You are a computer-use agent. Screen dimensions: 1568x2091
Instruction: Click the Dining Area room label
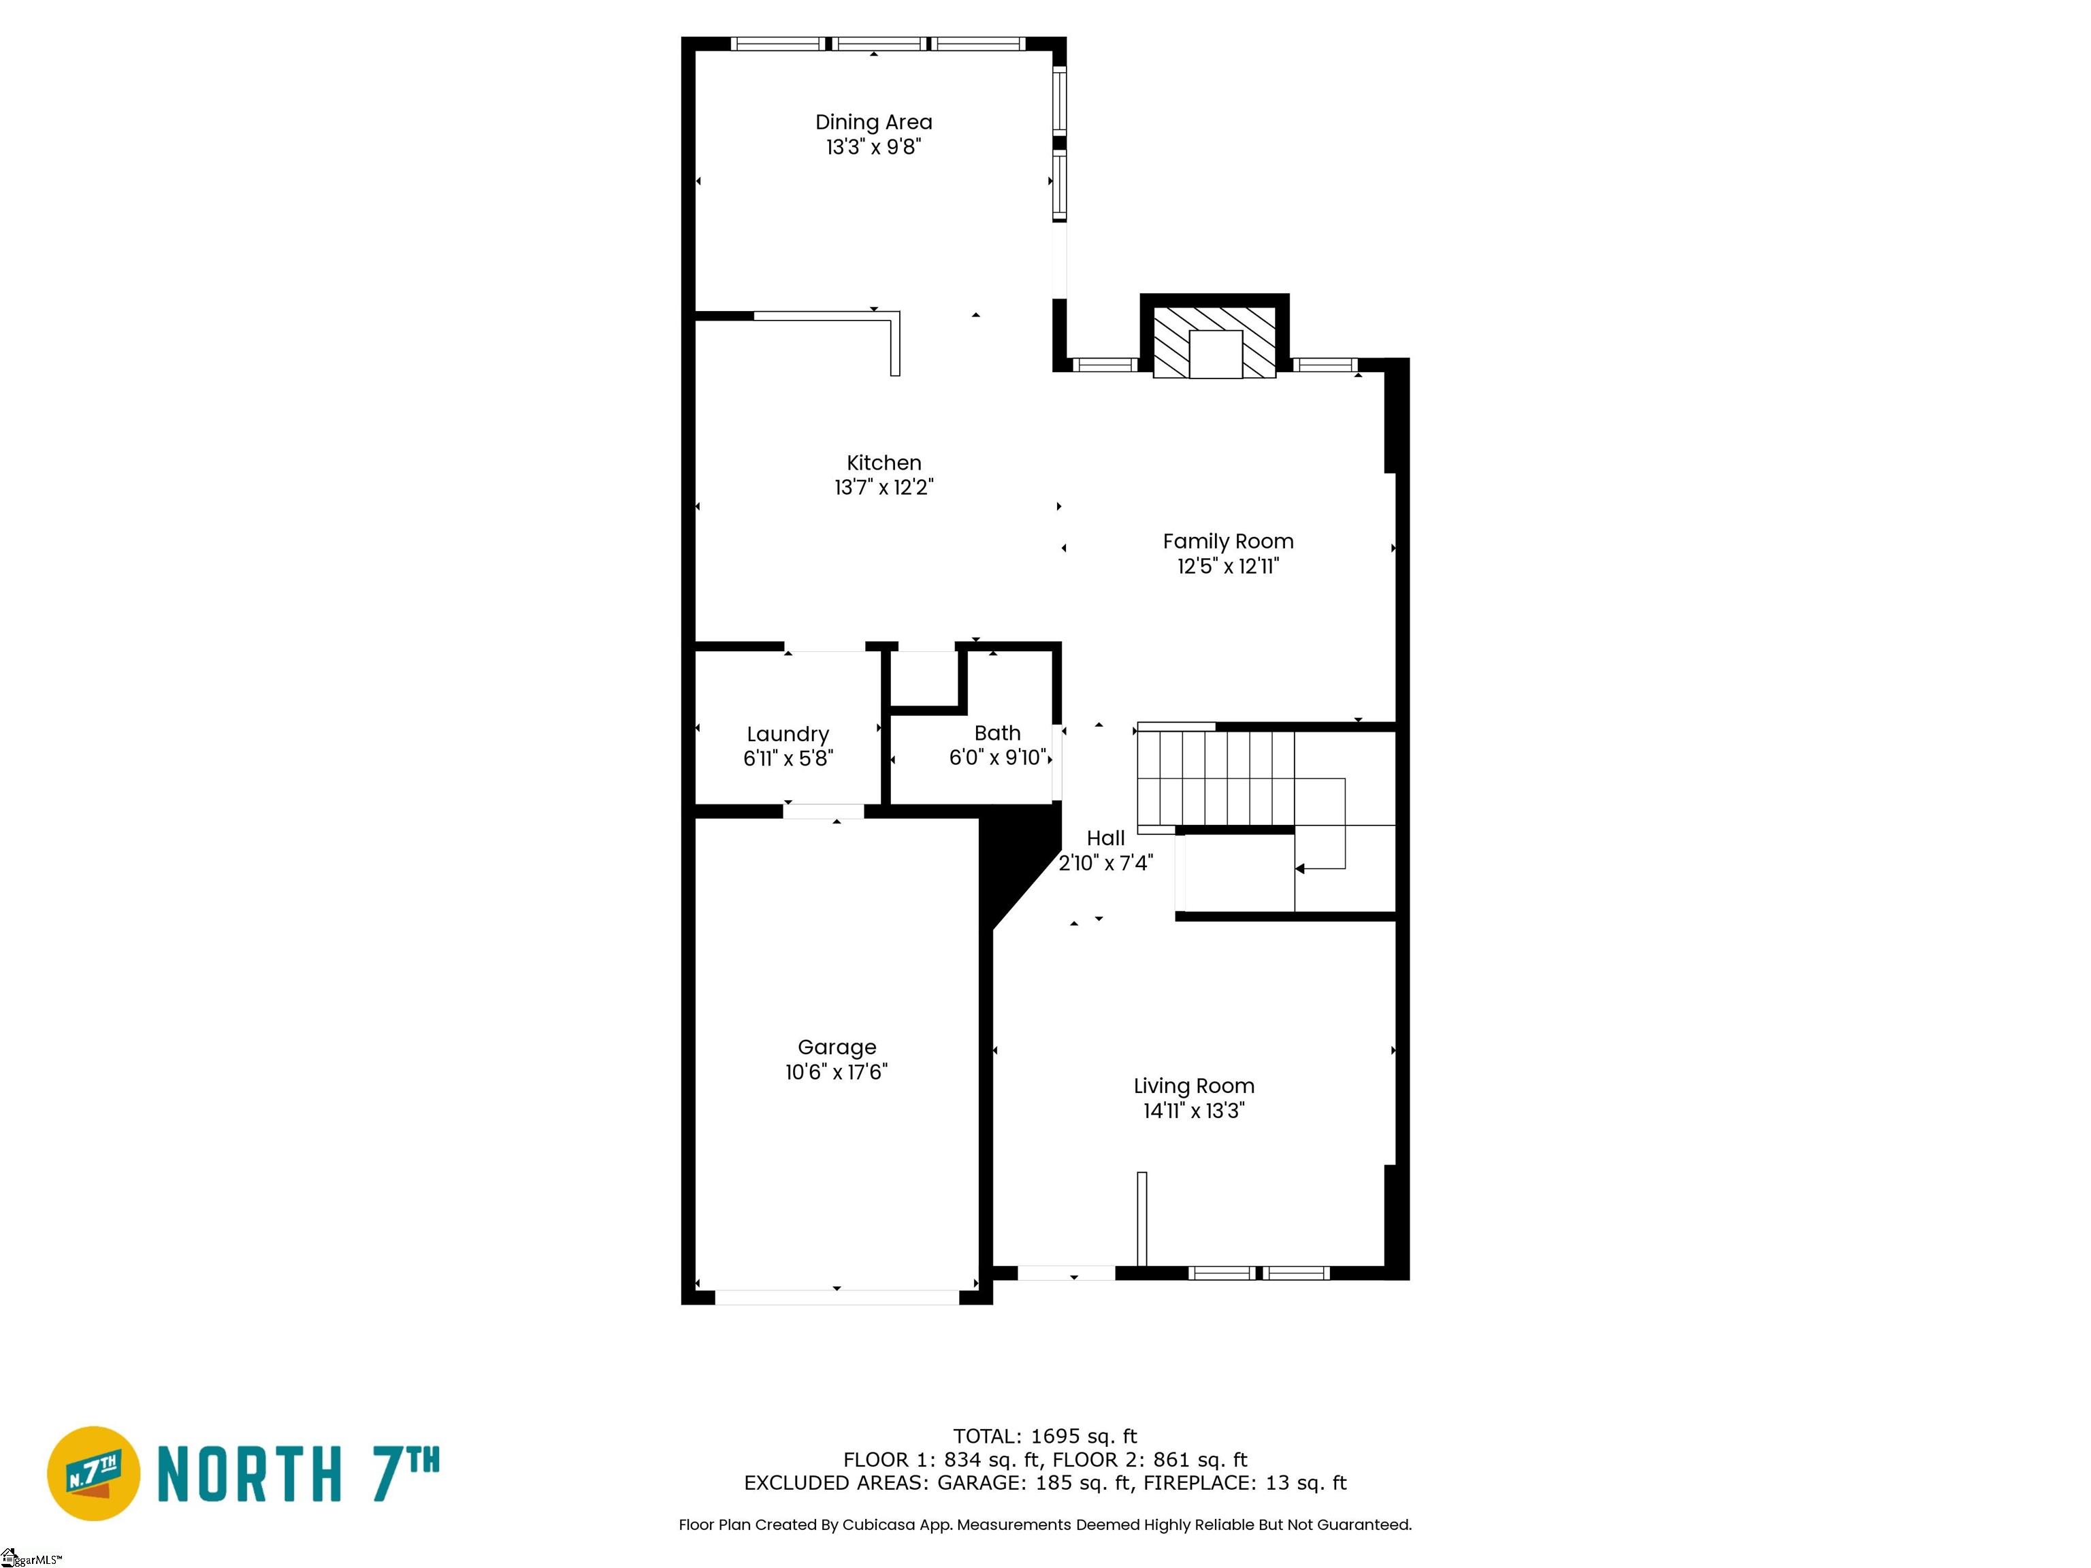(873, 122)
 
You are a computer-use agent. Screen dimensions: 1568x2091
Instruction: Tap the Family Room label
(1227, 542)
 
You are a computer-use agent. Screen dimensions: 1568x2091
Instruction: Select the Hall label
(1105, 838)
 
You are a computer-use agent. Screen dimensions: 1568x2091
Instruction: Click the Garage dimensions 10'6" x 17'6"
(836, 1072)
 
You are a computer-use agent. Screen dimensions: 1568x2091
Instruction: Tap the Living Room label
(1193, 1086)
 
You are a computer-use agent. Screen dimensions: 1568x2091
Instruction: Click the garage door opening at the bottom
(837, 1298)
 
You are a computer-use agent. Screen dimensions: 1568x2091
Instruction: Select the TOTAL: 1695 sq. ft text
(1045, 1437)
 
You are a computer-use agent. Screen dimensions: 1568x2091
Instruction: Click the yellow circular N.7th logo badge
(93, 1473)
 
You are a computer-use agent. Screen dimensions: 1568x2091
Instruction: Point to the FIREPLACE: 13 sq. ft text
(1244, 1483)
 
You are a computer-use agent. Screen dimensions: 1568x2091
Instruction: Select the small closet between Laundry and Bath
(924, 679)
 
